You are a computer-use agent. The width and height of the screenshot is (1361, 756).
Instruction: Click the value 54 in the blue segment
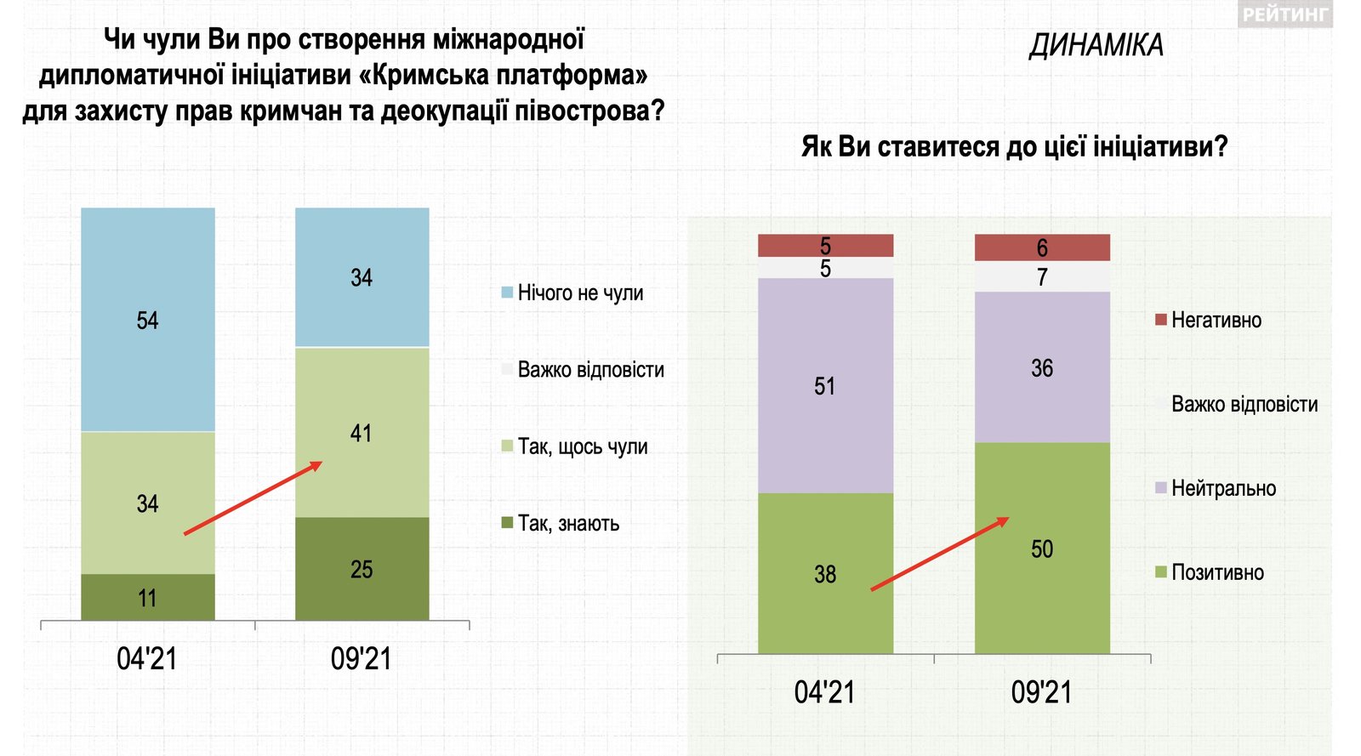pyautogui.click(x=147, y=321)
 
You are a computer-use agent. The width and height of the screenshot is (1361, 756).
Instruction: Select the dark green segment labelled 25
pyautogui.click(x=362, y=569)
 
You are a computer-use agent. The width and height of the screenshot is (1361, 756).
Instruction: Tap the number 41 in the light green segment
pyautogui.click(x=361, y=433)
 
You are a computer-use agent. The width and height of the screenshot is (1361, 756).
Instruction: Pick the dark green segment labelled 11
pyautogui.click(x=147, y=598)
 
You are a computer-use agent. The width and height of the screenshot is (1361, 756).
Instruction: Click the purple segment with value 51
pyautogui.click(x=825, y=386)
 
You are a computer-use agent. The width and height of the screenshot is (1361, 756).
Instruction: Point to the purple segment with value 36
pyautogui.click(x=1042, y=367)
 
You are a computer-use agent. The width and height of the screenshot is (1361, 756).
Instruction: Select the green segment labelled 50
pyautogui.click(x=1042, y=549)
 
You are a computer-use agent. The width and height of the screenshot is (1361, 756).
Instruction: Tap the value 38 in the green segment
pyautogui.click(x=825, y=574)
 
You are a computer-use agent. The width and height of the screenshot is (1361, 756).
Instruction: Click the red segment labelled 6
pyautogui.click(x=1042, y=247)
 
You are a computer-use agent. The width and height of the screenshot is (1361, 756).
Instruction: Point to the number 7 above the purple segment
pyautogui.click(x=1042, y=277)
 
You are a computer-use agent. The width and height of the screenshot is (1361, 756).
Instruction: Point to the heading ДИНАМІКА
pyautogui.click(x=1096, y=45)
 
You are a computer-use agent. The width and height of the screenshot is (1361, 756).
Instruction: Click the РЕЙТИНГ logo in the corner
pyautogui.click(x=1284, y=14)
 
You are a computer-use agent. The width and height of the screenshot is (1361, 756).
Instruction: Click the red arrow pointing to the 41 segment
pyautogui.click(x=253, y=497)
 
